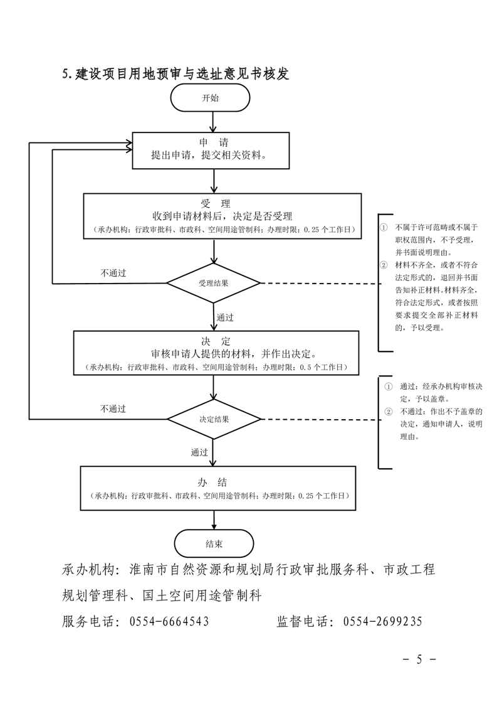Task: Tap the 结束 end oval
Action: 214,543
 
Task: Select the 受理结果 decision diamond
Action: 213,283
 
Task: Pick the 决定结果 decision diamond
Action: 214,419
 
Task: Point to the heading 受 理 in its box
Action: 216,204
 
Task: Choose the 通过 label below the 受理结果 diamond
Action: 225,317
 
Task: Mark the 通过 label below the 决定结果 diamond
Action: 200,452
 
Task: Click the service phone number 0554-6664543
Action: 169,622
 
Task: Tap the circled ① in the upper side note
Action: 384,227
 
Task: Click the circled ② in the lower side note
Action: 388,412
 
